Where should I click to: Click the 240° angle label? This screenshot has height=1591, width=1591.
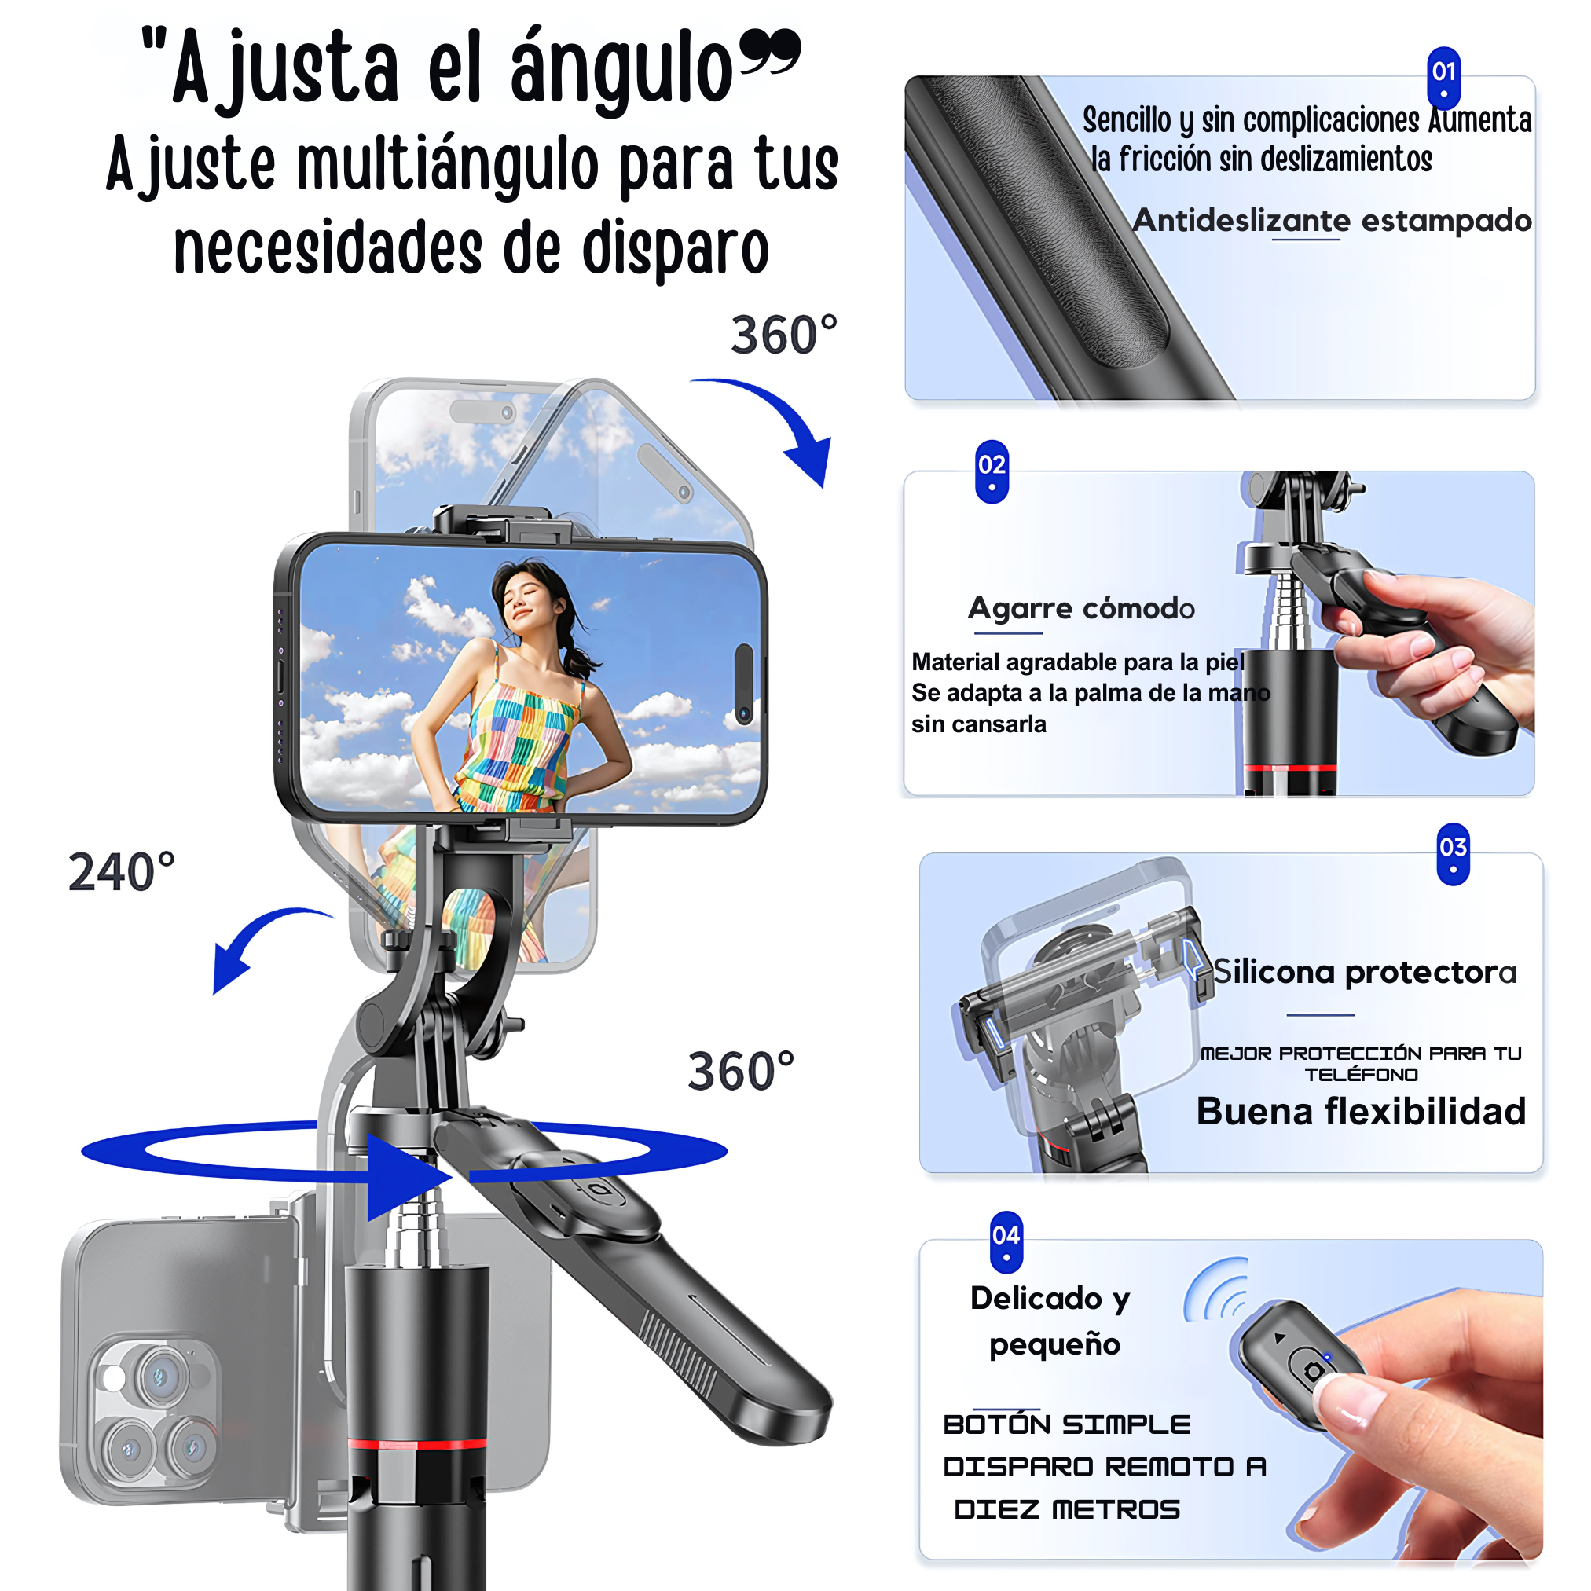point(121,872)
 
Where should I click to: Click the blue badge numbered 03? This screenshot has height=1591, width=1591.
point(1453,853)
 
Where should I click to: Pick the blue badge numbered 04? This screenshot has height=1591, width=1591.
point(1006,1241)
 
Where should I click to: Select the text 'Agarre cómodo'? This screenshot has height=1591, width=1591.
point(1080,609)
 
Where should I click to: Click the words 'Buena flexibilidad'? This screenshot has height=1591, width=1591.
point(1361,1112)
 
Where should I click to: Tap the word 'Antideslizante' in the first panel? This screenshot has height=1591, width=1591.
point(1241,221)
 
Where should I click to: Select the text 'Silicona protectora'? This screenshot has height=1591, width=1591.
point(1364,973)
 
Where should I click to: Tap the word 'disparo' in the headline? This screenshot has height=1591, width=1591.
point(675,250)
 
